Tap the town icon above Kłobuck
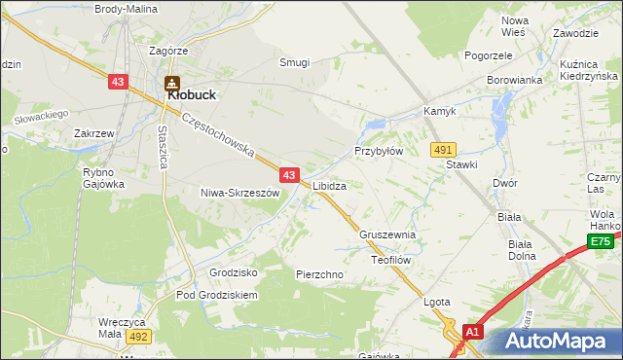[171, 83]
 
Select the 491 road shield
[444, 149]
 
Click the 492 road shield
[137, 337]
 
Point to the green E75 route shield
[601, 242]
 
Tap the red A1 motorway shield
[472, 333]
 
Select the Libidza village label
[329, 185]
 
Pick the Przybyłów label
[378, 152]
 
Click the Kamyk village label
[439, 112]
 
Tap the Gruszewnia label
[387, 234]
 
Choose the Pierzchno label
[319, 274]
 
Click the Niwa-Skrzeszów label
[239, 193]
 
